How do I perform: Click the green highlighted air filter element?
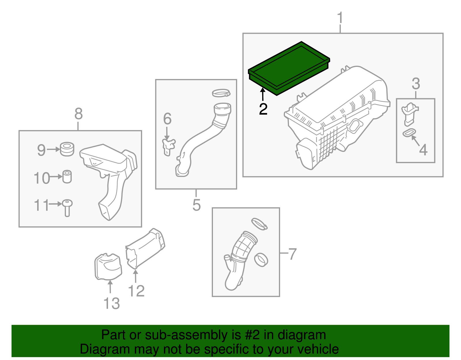click(289, 68)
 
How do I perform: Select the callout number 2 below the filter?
click(263, 109)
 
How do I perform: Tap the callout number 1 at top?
click(340, 18)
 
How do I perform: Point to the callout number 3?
click(415, 84)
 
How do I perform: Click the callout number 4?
click(423, 150)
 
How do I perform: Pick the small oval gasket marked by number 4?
click(409, 133)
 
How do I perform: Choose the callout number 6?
click(167, 119)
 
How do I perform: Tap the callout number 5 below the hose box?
click(197, 205)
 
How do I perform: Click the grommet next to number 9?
click(67, 149)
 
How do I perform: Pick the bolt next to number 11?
click(67, 208)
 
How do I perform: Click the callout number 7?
click(292, 254)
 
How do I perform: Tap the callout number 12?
click(136, 291)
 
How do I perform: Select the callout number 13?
click(112, 304)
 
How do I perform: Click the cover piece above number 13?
click(108, 267)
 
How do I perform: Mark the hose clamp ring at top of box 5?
click(221, 93)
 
